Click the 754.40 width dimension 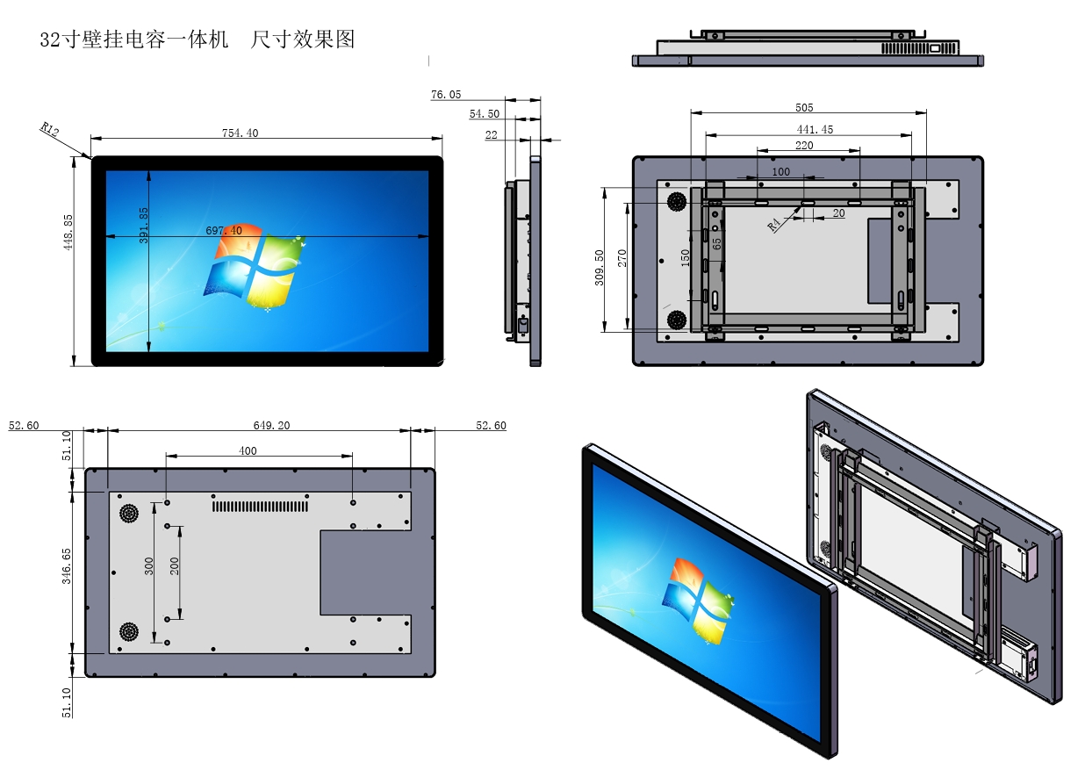point(240,133)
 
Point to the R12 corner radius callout point(49,131)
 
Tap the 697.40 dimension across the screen point(224,230)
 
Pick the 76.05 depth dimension point(446,94)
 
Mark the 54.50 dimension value point(484,114)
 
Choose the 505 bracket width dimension point(804,107)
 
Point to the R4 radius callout point(774,224)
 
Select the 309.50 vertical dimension point(599,267)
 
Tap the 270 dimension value point(622,259)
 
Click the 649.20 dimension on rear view point(271,425)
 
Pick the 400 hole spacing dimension point(248,450)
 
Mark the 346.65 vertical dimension point(68,567)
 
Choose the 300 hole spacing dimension point(149,566)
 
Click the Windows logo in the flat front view point(255,265)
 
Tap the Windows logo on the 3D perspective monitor point(701,600)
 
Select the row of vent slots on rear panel point(260,506)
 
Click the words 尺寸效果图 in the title point(303,40)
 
